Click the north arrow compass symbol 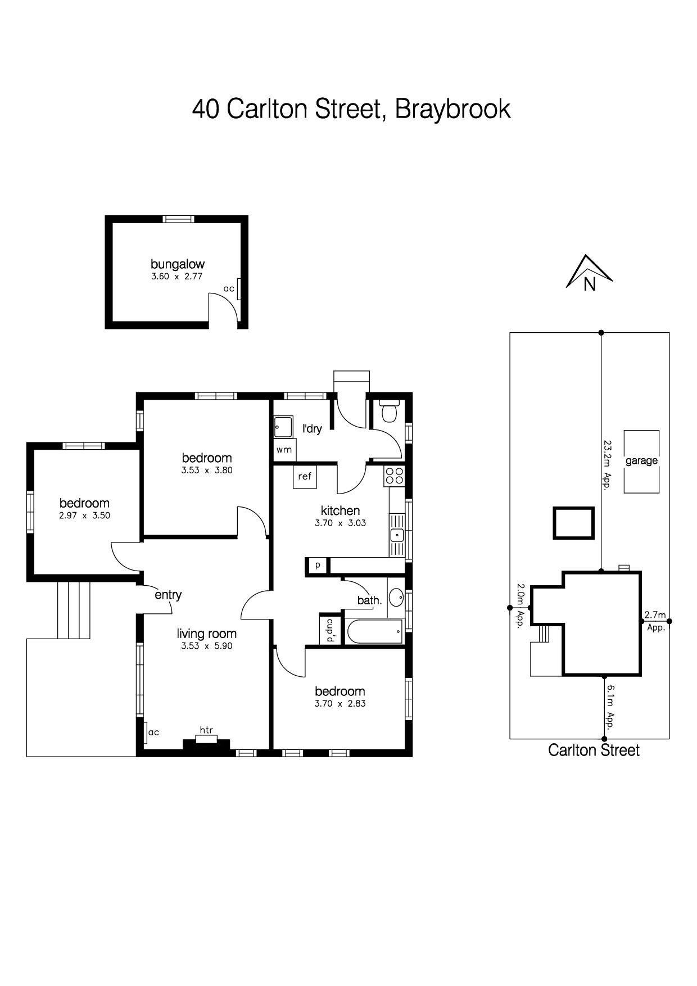589,272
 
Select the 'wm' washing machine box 284,450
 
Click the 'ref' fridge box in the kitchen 305,477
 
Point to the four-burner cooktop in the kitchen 394,476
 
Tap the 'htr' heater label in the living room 206,730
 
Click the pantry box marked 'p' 318,565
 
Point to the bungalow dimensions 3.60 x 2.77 176,277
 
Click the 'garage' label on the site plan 641,461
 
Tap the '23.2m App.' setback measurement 607,465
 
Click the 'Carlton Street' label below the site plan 594,750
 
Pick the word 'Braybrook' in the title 453,109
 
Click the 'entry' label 168,595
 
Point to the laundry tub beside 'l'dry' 283,427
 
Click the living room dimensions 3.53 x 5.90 207,646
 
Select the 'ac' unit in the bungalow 239,289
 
